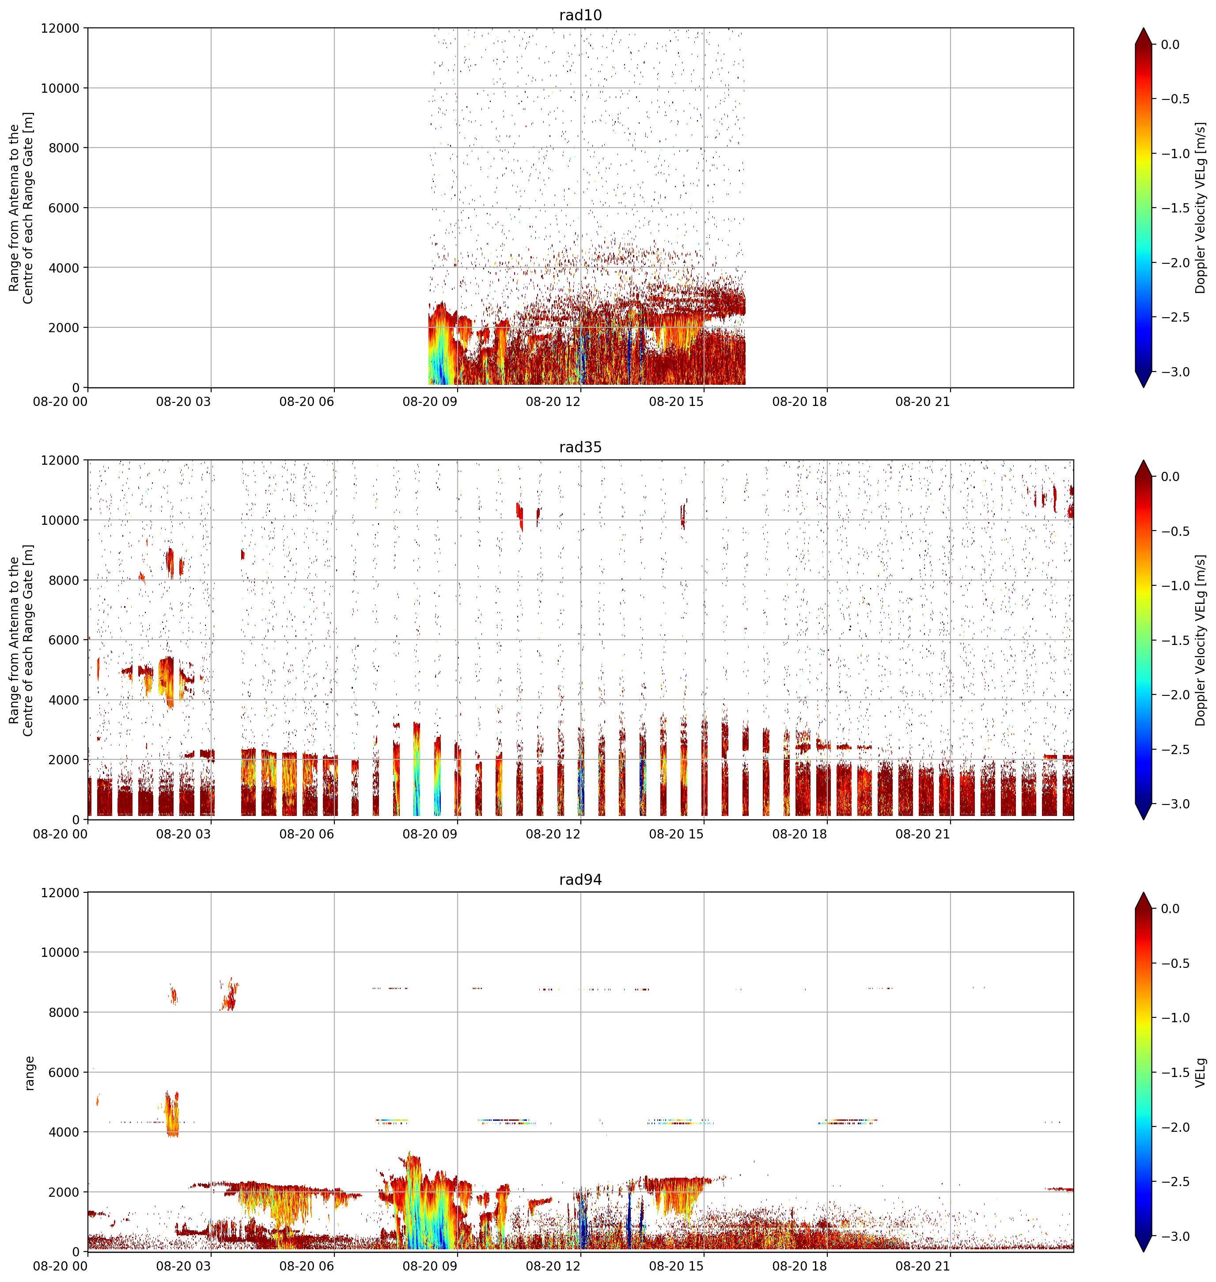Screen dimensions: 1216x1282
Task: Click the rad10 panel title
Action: pos(580,15)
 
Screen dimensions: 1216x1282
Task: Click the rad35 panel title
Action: pos(580,447)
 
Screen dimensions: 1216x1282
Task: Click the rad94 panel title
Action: pos(580,880)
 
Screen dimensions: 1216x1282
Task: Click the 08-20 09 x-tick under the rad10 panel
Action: pos(430,402)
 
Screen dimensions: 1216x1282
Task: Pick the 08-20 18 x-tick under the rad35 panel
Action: pos(799,834)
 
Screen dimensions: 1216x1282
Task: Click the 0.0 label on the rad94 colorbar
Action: pos(1170,909)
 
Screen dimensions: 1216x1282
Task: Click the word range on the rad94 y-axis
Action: pos(29,1073)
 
